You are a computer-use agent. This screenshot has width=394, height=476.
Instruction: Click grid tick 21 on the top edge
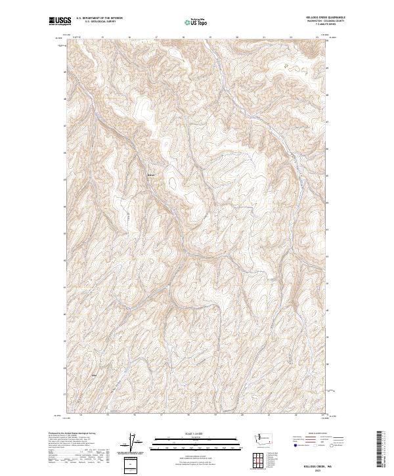click(x=263, y=37)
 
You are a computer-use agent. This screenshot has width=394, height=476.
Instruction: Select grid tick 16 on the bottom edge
click(x=134, y=415)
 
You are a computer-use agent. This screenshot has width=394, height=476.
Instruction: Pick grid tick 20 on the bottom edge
click(x=242, y=415)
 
